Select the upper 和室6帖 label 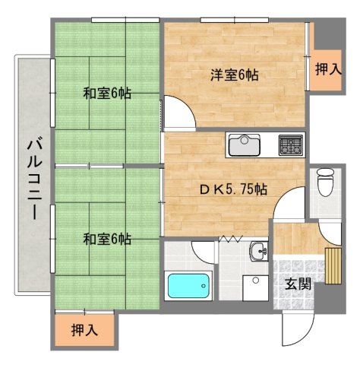click(x=107, y=94)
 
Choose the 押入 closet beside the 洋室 click(x=327, y=69)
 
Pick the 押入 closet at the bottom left click(x=83, y=331)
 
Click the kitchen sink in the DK click(x=245, y=144)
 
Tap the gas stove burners click(x=289, y=144)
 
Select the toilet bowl click(x=325, y=182)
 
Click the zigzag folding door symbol click(x=231, y=239)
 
